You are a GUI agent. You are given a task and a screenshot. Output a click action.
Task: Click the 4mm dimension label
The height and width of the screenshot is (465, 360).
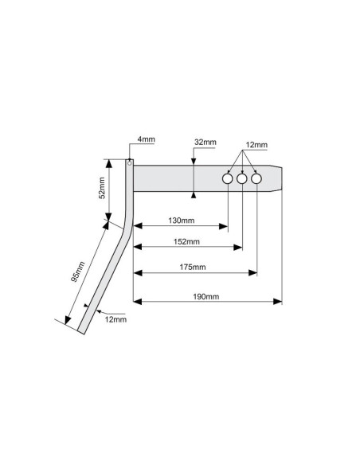click(x=147, y=139)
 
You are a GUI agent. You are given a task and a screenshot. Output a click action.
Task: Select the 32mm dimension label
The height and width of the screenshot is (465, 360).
click(x=205, y=142)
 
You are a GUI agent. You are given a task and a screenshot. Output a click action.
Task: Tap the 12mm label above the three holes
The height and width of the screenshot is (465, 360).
click(x=256, y=145)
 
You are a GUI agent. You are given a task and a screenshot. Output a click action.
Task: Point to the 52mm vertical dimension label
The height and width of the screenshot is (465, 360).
click(x=102, y=188)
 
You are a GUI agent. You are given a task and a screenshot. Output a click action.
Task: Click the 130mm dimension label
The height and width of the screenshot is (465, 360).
click(x=181, y=221)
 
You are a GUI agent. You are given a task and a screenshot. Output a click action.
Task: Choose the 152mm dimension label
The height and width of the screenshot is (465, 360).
click(x=186, y=242)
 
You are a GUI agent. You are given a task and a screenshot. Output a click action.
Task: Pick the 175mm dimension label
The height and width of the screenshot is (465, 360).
click(x=193, y=267)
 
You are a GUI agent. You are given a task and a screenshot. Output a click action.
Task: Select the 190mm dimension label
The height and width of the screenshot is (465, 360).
click(x=205, y=296)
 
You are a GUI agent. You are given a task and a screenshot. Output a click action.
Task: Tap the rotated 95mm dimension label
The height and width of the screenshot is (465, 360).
click(x=78, y=272)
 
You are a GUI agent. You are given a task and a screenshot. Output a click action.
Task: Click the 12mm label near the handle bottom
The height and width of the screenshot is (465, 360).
click(x=115, y=319)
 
